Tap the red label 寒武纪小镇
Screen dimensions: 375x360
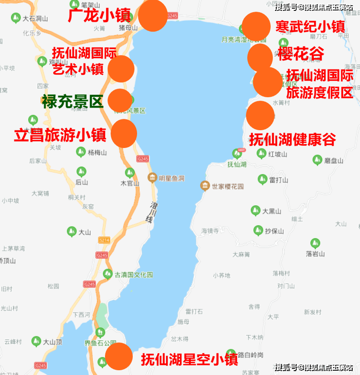pos(310,27)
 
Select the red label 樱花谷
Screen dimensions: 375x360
pos(301,54)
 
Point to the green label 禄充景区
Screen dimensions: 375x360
pos(72,102)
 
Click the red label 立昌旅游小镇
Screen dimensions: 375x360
pos(60,135)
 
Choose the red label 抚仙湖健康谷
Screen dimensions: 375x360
pos(292,139)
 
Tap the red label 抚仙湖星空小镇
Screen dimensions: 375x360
pos(190,359)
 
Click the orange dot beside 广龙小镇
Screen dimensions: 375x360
pos(153,16)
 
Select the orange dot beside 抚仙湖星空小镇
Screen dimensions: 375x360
pos(119,356)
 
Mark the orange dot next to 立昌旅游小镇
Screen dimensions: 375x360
pos(124,134)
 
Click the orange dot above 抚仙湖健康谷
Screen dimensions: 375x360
pos(260,115)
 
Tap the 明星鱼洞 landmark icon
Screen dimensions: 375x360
pos(152,178)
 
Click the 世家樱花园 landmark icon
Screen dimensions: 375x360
pos(205,186)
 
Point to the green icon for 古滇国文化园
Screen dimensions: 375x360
pos(108,274)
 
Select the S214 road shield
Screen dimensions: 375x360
pos(104,240)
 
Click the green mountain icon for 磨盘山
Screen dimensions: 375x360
pos(317,160)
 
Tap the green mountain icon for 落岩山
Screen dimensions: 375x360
pos(315,243)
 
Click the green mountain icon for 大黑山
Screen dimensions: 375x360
pos(256,211)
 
